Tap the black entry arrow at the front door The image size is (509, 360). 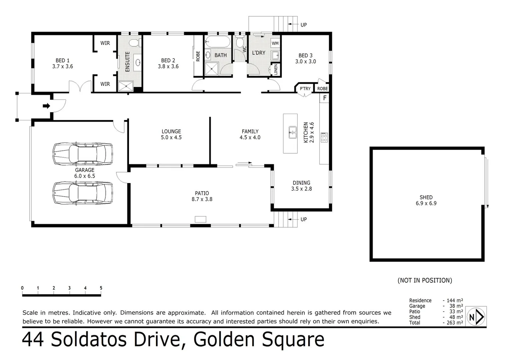click(x=46, y=106)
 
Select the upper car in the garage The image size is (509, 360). click(x=83, y=154)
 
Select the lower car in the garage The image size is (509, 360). click(x=83, y=193)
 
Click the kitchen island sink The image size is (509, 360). click(x=292, y=132)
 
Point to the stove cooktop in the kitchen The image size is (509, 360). click(x=324, y=137)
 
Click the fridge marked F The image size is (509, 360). click(x=325, y=98)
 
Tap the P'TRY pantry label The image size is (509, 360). click(x=305, y=89)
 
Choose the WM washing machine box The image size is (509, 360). click(x=275, y=43)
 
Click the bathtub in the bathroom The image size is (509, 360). click(x=218, y=43)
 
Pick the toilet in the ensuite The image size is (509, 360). click(x=134, y=43)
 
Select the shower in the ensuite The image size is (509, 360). click(x=126, y=86)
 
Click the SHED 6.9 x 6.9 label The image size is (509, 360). click(x=426, y=200)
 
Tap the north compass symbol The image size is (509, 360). click(x=476, y=317)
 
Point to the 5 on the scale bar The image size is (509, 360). click(x=101, y=288)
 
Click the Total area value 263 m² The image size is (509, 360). click(x=455, y=323)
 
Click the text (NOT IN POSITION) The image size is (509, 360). click(x=425, y=280)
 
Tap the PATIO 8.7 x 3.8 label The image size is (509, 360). click(x=202, y=196)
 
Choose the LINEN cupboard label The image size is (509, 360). click(x=276, y=69)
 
